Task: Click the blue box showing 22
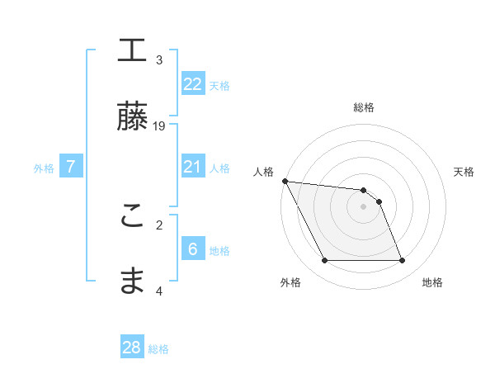[x=193, y=84]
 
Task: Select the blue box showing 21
[x=193, y=167]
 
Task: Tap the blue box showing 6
[x=193, y=249]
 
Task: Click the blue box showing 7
[x=71, y=167]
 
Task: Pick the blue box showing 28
[x=132, y=348]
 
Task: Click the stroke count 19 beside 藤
[x=159, y=126]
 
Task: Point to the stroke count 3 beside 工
[x=159, y=60]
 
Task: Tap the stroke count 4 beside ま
[x=159, y=291]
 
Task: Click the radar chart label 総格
[x=364, y=107]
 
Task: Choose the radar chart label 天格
[x=464, y=172]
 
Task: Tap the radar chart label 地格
[x=432, y=282]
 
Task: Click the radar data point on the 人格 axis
[x=285, y=181]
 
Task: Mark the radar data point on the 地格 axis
[x=402, y=261]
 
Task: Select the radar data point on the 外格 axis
[x=324, y=261]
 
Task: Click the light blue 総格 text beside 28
[x=158, y=349]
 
